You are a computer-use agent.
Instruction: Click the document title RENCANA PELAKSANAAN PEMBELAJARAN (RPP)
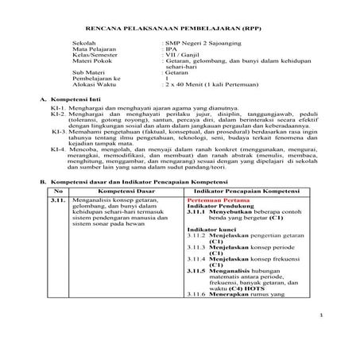(180, 37)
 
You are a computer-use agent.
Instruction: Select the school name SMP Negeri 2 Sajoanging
(204, 60)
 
